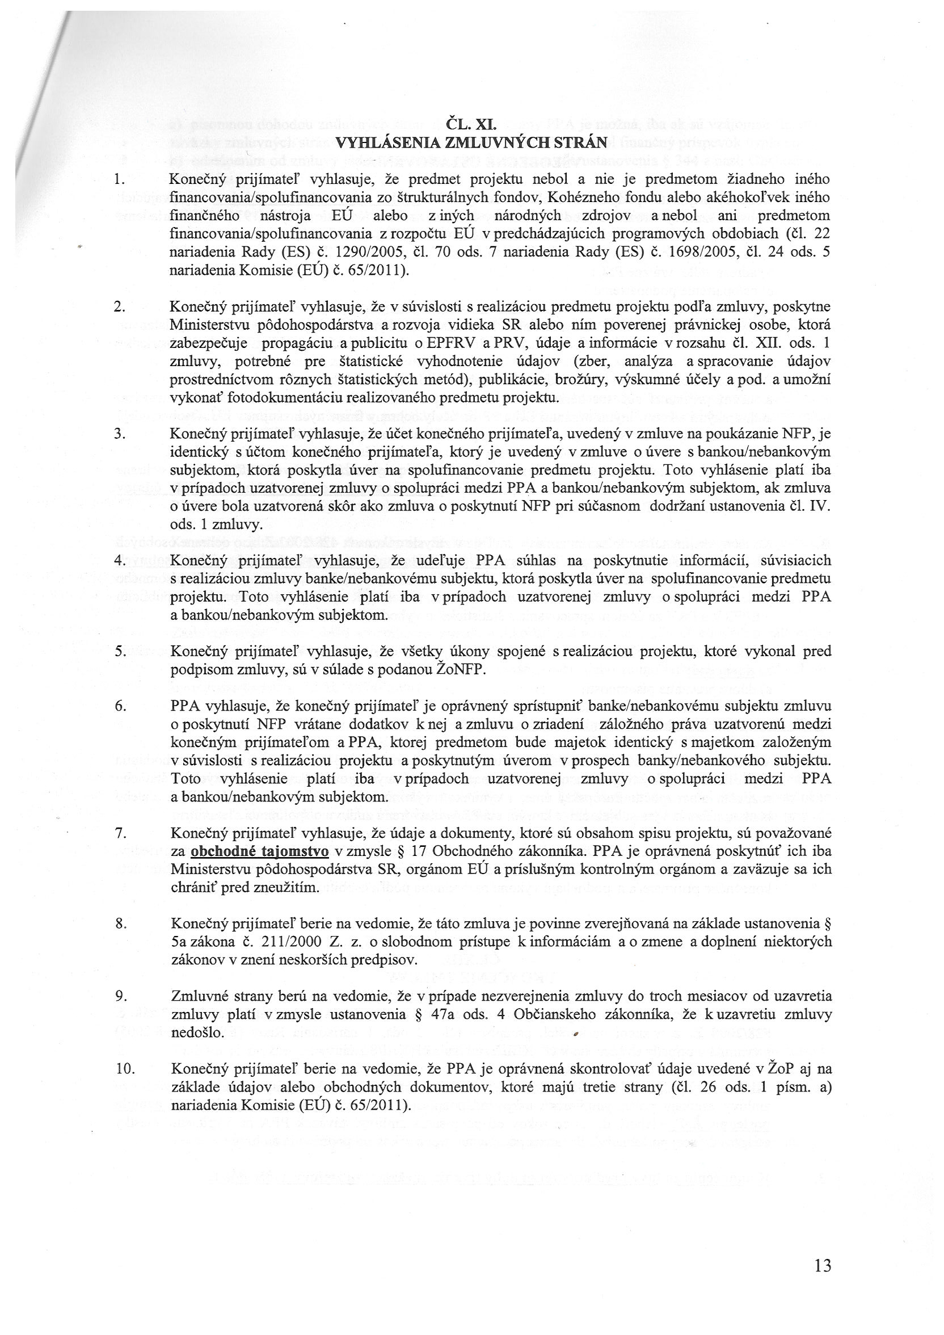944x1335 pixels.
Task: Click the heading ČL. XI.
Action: click(471, 124)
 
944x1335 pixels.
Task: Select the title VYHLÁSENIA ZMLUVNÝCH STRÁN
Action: click(472, 142)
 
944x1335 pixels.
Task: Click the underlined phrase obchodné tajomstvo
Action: click(260, 851)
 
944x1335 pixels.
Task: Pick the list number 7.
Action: click(120, 833)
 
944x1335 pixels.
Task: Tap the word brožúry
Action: click(619, 380)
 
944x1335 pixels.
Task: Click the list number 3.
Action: click(120, 434)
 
